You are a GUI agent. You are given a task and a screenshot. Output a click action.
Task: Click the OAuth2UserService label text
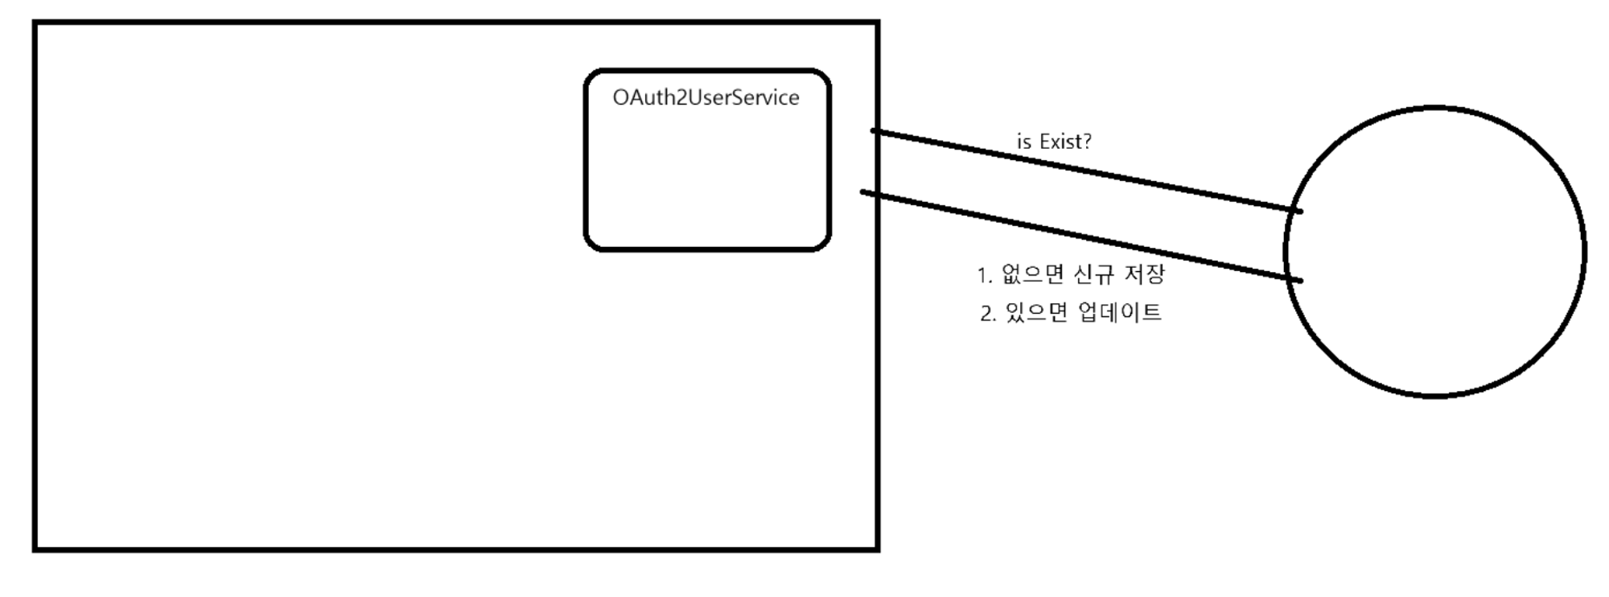(x=706, y=98)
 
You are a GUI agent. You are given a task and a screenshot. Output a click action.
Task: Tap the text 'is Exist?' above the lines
(x=1054, y=142)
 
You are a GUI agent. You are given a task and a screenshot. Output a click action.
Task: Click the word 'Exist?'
(x=1065, y=142)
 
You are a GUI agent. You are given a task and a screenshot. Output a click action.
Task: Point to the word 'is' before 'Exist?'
(x=1023, y=142)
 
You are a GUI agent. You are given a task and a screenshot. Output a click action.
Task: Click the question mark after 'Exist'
(x=1087, y=142)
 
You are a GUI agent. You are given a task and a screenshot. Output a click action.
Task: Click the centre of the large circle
(x=1435, y=252)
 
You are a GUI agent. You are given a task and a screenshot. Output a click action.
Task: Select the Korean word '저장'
(x=1144, y=274)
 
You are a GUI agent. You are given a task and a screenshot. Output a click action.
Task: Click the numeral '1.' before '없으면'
(x=985, y=276)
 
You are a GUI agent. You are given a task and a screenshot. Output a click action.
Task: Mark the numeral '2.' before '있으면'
(x=988, y=313)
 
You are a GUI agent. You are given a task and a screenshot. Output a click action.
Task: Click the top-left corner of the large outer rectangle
(x=35, y=23)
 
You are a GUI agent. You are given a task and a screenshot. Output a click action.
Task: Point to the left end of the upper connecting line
(x=874, y=130)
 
